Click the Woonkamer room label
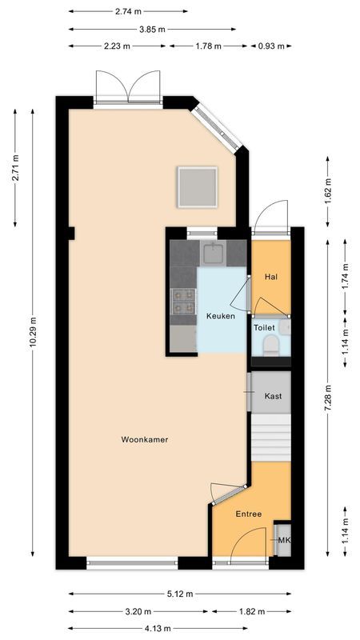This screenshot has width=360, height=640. (x=145, y=439)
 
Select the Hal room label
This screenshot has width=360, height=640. (x=270, y=277)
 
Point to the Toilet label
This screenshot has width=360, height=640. (x=264, y=328)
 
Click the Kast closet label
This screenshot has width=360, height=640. (x=273, y=396)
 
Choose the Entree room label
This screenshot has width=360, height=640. (x=249, y=514)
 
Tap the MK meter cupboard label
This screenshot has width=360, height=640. (x=283, y=541)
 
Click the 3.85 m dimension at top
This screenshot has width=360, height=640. (x=152, y=29)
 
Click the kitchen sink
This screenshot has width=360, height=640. (x=213, y=254)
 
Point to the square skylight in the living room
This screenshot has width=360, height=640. (x=198, y=186)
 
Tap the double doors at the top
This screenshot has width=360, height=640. (x=128, y=86)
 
